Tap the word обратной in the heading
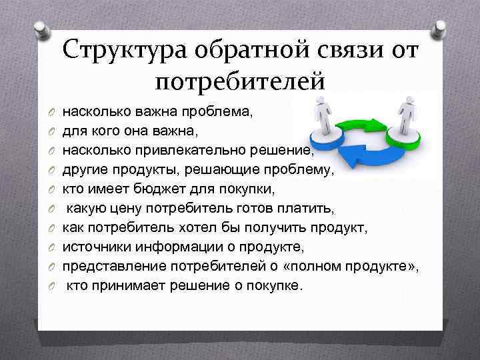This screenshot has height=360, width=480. (249, 51)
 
